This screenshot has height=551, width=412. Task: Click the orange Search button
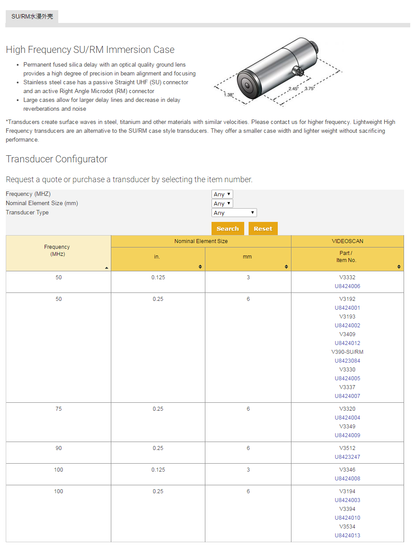pos(227,229)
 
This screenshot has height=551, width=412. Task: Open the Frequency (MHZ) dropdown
pos(222,194)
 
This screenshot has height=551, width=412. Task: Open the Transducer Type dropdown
pos(234,213)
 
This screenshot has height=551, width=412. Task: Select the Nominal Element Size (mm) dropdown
pos(222,203)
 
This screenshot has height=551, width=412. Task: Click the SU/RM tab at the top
pos(32,16)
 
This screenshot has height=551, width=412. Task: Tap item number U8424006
pos(347,286)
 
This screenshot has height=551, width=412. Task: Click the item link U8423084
pos(347,361)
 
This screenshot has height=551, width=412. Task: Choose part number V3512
pos(347,448)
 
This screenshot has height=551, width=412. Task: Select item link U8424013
pos(347,536)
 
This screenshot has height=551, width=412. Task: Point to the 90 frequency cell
pos(59,448)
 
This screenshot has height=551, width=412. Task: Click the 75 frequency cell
pos(59,409)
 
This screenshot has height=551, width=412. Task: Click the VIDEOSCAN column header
pos(347,241)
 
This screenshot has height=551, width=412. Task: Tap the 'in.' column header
pos(157,257)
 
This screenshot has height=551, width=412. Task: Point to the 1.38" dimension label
pos(228,95)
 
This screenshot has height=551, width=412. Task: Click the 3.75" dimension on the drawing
pos(309,88)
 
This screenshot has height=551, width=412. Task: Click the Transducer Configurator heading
pos(57,159)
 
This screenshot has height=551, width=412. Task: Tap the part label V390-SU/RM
pos(347,352)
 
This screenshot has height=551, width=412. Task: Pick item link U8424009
pos(347,435)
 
